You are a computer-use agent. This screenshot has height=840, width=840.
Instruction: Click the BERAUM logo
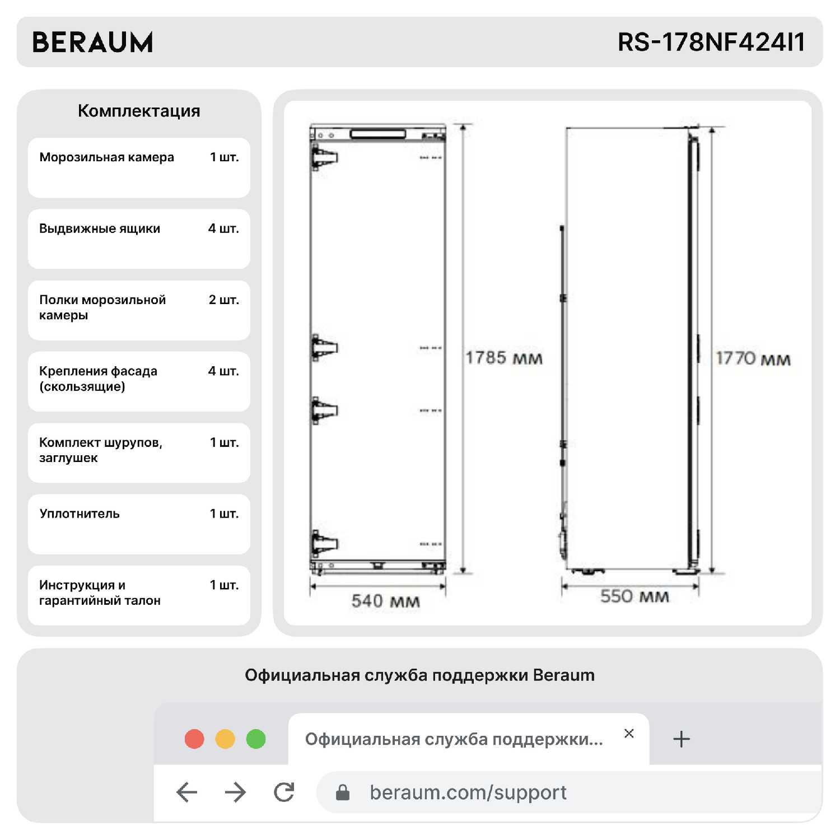[92, 43]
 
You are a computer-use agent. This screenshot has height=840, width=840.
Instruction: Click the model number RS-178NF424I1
[711, 43]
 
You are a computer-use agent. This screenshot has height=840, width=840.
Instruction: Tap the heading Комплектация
[139, 111]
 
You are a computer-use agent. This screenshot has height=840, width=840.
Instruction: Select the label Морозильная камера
[106, 157]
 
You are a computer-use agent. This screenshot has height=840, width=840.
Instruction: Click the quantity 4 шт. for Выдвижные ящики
[223, 228]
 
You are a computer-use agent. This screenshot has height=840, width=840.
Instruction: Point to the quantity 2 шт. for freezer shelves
[223, 300]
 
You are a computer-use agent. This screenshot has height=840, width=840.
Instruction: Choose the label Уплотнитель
[80, 514]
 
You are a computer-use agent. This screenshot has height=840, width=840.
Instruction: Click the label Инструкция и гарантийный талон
[100, 592]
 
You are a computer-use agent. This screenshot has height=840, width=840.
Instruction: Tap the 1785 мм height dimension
[504, 358]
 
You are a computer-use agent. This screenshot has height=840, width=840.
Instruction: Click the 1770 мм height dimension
[753, 358]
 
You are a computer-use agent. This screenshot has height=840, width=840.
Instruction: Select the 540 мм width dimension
[385, 601]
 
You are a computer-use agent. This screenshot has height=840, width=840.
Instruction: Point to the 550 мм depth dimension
[634, 596]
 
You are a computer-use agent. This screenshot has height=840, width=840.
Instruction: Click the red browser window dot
[194, 739]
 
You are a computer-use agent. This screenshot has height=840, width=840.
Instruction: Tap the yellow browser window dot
[225, 739]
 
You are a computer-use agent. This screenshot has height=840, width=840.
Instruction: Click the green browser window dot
[256, 739]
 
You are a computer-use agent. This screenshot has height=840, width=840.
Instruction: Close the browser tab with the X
[629, 734]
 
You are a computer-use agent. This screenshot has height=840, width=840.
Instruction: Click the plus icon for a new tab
[681, 739]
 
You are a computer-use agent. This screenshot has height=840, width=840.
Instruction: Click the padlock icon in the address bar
[343, 792]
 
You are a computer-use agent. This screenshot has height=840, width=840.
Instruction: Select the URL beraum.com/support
[468, 792]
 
